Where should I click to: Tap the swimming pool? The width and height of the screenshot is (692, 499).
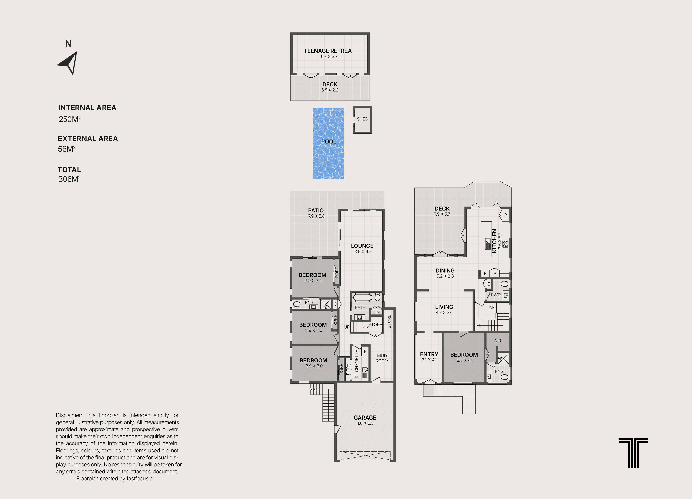click(x=329, y=143)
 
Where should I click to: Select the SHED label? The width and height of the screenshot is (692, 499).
click(x=362, y=119)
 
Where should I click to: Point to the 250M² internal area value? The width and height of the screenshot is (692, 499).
click(x=70, y=119)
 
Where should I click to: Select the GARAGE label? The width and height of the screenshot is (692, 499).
click(x=365, y=418)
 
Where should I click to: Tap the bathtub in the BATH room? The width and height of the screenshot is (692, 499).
click(x=362, y=297)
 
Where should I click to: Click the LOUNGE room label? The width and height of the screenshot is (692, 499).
click(x=362, y=246)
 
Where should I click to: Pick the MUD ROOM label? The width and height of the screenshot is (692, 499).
click(x=382, y=358)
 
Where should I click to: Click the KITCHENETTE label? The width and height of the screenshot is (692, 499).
click(x=356, y=364)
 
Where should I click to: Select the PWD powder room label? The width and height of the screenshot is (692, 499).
click(x=496, y=295)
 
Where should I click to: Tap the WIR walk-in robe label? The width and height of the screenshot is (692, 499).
click(x=497, y=341)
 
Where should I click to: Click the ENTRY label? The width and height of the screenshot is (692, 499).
click(x=429, y=354)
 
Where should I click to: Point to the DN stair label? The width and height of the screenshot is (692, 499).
click(x=492, y=308)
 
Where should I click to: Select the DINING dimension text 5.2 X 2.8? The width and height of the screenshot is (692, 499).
click(x=445, y=276)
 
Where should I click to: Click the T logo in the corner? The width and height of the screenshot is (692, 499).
click(x=633, y=453)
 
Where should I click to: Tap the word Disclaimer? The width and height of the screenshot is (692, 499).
click(x=69, y=415)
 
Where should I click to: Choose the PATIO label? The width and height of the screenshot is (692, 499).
click(x=316, y=210)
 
